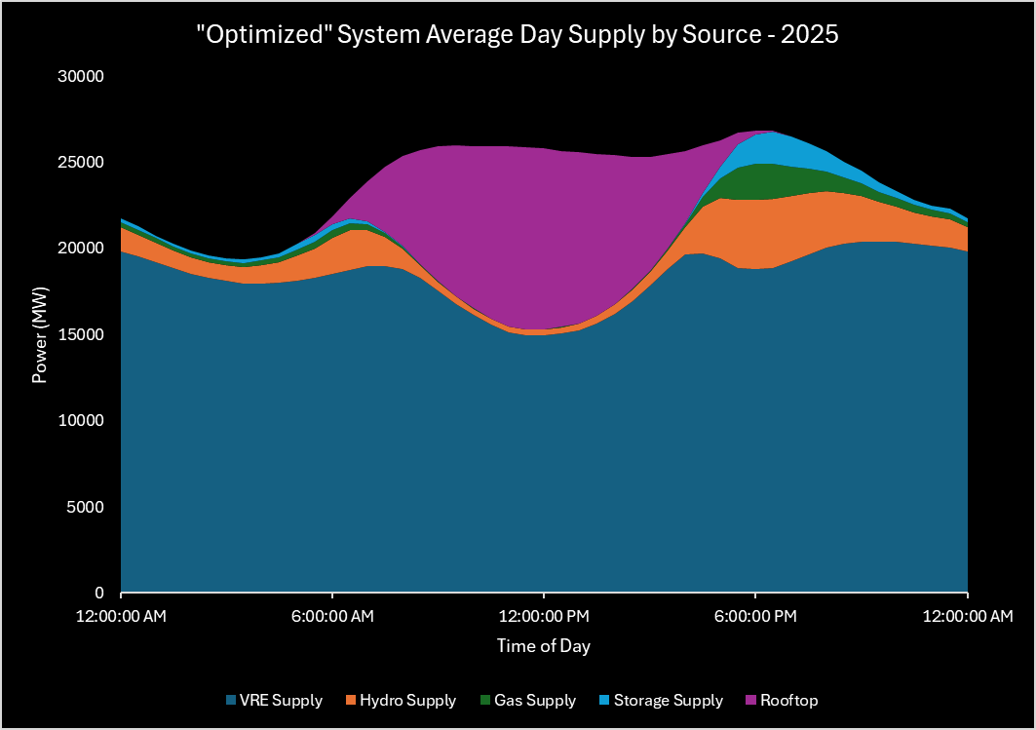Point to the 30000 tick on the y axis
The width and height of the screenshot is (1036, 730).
(x=84, y=76)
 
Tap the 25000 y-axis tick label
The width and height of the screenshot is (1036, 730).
(x=84, y=162)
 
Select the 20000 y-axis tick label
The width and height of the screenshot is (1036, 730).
(x=84, y=249)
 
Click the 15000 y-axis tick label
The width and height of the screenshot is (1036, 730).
(x=84, y=334)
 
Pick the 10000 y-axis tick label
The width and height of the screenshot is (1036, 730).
(x=84, y=420)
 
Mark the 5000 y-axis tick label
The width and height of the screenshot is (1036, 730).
(x=88, y=507)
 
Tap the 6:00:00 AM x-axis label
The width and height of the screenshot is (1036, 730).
(x=332, y=616)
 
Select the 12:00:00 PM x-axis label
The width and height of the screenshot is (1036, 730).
(x=544, y=616)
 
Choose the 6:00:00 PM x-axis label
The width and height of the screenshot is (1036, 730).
(x=755, y=616)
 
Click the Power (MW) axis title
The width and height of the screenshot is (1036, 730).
(x=41, y=334)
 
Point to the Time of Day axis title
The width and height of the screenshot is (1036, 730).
(x=544, y=645)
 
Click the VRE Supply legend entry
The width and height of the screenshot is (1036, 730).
(x=280, y=700)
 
